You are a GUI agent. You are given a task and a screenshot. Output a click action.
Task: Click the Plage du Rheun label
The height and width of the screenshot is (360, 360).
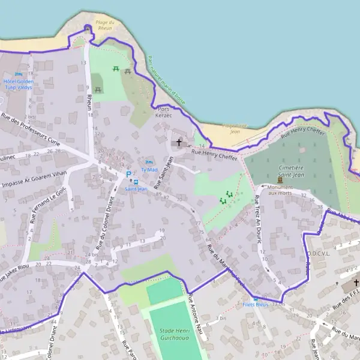coord(105,25)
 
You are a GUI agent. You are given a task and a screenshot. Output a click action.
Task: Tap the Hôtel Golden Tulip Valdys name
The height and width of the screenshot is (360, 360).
coord(19,84)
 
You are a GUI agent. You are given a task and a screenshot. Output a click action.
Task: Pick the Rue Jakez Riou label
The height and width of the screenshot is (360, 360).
coord(15,265)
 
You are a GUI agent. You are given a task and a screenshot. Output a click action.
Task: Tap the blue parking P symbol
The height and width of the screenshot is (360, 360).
coord(128,175)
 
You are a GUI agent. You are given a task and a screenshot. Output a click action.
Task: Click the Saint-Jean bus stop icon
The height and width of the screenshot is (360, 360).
coord(136,181)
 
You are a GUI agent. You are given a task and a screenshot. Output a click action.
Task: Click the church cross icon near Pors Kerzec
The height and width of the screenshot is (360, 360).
coord(179,143)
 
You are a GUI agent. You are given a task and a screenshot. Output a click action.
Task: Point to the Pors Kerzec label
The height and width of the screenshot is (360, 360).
coord(163,112)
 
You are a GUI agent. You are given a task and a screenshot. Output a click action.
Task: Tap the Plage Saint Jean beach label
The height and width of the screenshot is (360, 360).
coord(231,128)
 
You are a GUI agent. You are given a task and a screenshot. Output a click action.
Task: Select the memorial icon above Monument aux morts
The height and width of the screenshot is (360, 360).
coord(280,179)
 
